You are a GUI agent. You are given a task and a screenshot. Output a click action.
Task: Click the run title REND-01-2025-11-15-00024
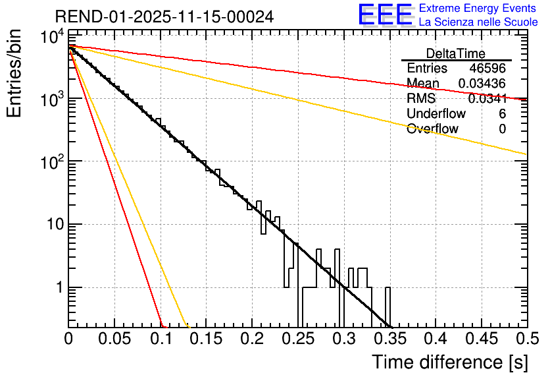[x=164, y=16]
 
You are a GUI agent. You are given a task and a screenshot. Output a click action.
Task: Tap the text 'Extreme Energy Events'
[x=478, y=8]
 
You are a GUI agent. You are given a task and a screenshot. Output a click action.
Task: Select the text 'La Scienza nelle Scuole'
[x=478, y=22]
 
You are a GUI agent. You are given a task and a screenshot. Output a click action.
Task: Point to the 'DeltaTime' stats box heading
[x=456, y=53]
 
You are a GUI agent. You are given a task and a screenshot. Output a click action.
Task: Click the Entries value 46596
[x=488, y=69]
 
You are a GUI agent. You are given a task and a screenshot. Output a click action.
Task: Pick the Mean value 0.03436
[x=482, y=84]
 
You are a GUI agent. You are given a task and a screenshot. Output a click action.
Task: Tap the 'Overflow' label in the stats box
[x=432, y=129]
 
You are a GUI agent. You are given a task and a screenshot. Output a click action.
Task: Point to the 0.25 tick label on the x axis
[x=298, y=339]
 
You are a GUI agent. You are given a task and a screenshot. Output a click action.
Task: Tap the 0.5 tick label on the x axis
[x=526, y=339]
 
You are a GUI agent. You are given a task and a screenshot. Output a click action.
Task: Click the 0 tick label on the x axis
[x=68, y=339]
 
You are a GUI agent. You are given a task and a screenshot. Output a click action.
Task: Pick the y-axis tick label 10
[x=53, y=225]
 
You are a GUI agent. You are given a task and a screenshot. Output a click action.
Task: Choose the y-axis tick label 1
[x=58, y=288]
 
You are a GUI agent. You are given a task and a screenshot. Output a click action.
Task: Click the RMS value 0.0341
[x=487, y=99]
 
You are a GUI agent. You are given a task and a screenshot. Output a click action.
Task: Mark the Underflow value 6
[x=502, y=114]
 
